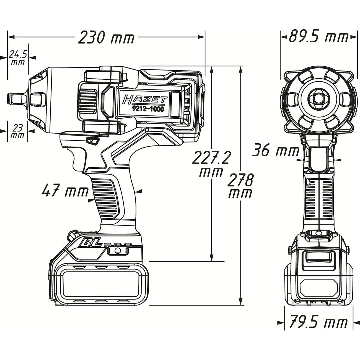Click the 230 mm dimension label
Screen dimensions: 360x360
[x=106, y=38]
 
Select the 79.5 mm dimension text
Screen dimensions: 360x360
[x=318, y=323]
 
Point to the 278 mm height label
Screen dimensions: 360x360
[x=240, y=187]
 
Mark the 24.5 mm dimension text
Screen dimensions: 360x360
[x=18, y=57]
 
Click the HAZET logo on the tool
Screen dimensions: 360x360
[x=144, y=99]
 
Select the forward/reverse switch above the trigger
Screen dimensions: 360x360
[x=92, y=141]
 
